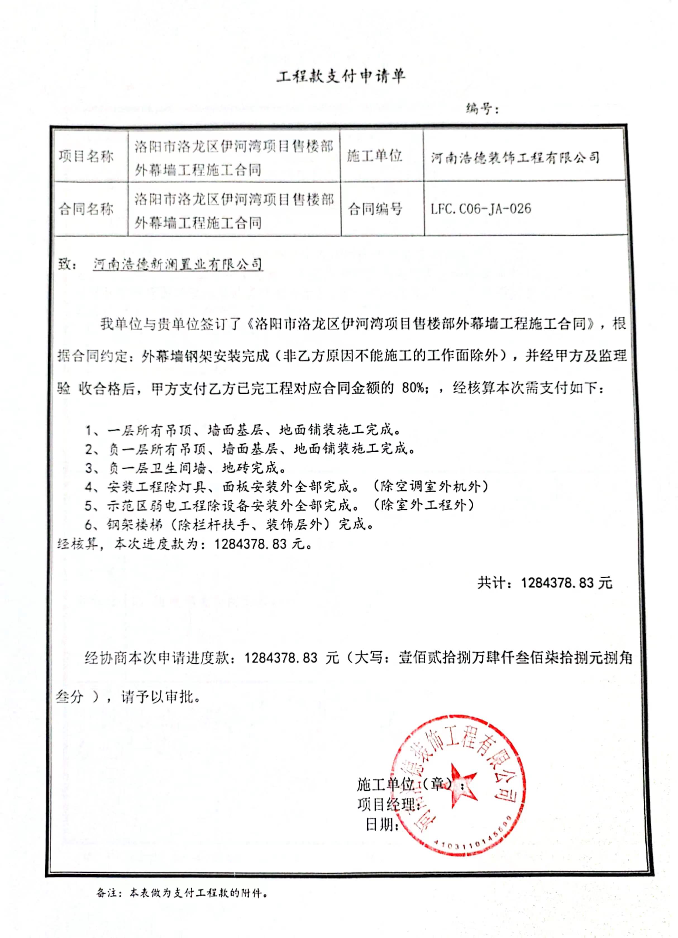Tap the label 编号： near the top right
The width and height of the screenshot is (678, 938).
coord(482,109)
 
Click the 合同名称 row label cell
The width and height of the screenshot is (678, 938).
coord(86,209)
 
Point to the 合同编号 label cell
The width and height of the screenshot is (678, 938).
coord(375,209)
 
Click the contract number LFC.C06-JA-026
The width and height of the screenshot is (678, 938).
coord(481,209)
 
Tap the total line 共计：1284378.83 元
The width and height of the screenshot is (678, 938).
coord(545,583)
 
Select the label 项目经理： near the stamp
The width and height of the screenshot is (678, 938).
coord(388,804)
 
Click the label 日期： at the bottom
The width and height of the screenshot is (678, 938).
coord(382,825)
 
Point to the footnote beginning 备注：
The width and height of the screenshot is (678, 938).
coord(182,893)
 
